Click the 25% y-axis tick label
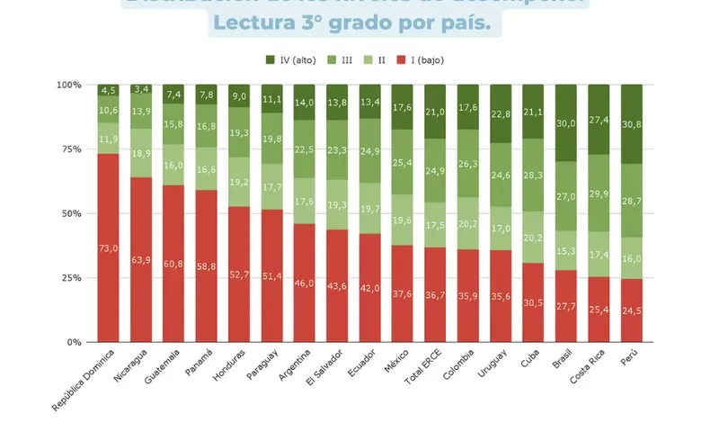pos(69,278)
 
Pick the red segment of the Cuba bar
pos(534,306)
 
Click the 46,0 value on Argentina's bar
pos(305,283)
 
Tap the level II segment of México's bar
pos(404,220)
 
